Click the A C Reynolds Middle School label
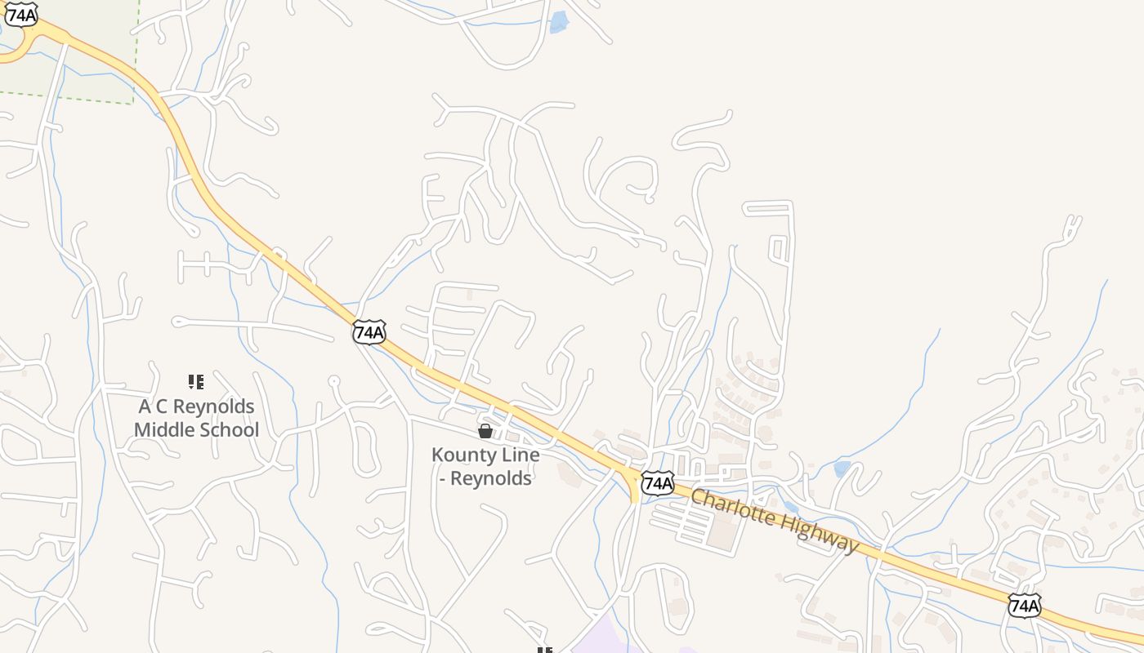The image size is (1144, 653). click(196, 418)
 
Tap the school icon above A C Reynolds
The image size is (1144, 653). click(196, 381)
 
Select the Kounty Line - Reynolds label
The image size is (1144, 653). click(485, 467)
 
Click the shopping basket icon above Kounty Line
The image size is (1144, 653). click(485, 430)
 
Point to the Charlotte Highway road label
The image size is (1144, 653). click(775, 521)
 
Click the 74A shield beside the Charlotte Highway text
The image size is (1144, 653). click(657, 483)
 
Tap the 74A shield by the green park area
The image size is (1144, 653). click(21, 14)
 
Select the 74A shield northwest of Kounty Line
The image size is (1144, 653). click(369, 332)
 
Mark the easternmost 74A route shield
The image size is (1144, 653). click(1024, 606)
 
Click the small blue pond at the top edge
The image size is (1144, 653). click(559, 22)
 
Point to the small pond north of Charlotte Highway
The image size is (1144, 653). click(842, 469)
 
